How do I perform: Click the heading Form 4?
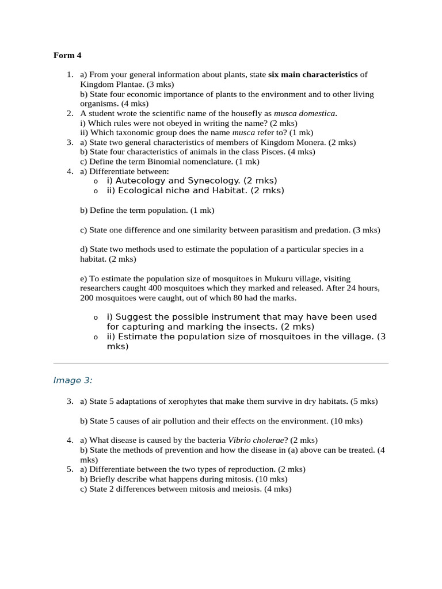tap(67, 56)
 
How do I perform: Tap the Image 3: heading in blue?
tap(73, 380)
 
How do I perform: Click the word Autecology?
tap(141, 181)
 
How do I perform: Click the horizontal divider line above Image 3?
tap(221, 363)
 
